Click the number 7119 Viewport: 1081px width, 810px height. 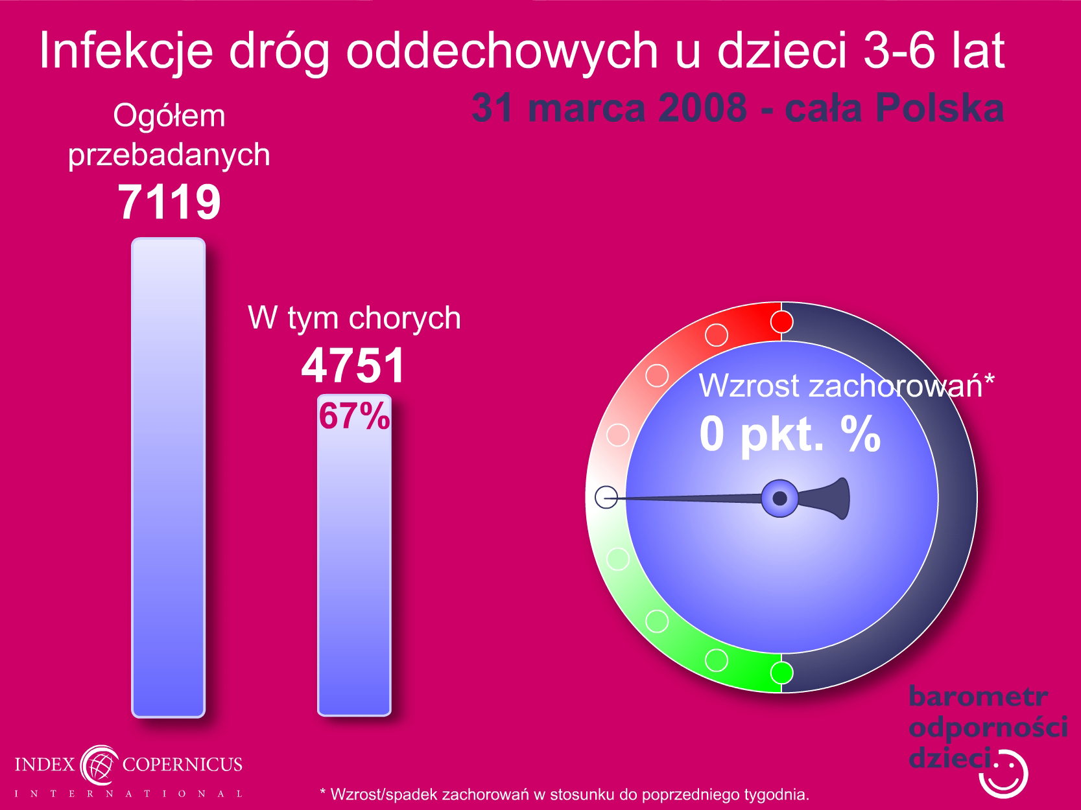click(x=169, y=202)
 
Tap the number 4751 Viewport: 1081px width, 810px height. click(x=353, y=365)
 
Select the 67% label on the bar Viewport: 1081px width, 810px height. click(x=354, y=416)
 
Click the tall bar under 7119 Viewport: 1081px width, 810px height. click(x=169, y=478)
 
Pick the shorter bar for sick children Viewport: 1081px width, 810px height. click(x=354, y=555)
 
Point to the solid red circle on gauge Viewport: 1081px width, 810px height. click(x=781, y=322)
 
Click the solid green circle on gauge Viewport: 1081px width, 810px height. click(x=781, y=673)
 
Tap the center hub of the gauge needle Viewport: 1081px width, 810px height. click(x=779, y=498)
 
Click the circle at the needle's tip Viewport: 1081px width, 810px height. click(x=606, y=497)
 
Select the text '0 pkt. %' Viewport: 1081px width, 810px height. click(x=790, y=434)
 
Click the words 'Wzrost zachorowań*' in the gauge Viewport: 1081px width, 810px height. click(x=847, y=386)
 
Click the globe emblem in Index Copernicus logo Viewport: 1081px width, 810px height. click(x=99, y=765)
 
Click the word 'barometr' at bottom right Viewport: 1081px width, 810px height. click(x=978, y=697)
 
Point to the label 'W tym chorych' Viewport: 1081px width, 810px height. click(x=354, y=319)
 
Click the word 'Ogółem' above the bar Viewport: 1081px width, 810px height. click(x=169, y=116)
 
